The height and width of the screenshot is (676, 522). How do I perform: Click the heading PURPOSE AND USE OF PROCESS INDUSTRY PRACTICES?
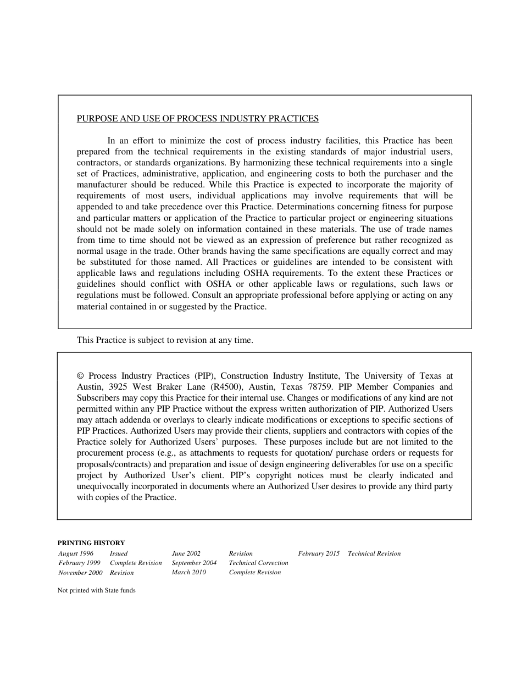[x=198, y=118]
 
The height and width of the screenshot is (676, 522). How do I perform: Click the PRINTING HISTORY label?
[x=91, y=542]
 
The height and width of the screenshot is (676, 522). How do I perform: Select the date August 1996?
[x=76, y=553]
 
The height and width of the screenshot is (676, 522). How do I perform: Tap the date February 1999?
[x=79, y=563]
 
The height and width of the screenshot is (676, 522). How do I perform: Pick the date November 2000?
[x=80, y=573]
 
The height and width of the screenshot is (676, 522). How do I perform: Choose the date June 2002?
[x=186, y=553]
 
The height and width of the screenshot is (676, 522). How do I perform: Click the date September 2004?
[x=194, y=563]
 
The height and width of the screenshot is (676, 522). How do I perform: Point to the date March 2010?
[x=188, y=572]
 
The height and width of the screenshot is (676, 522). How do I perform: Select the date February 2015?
[x=319, y=553]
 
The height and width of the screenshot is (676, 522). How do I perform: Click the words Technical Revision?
[x=374, y=553]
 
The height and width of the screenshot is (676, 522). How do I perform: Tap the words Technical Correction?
[x=258, y=563]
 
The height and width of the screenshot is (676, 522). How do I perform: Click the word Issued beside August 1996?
[x=118, y=553]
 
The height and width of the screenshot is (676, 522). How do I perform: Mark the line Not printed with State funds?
[x=96, y=590]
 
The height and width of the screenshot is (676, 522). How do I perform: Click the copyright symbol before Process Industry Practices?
[x=80, y=376]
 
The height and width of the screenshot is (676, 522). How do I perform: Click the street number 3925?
[x=118, y=387]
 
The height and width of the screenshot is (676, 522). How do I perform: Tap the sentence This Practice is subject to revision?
[x=165, y=340]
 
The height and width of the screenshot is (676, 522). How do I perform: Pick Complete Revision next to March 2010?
[x=254, y=572]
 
